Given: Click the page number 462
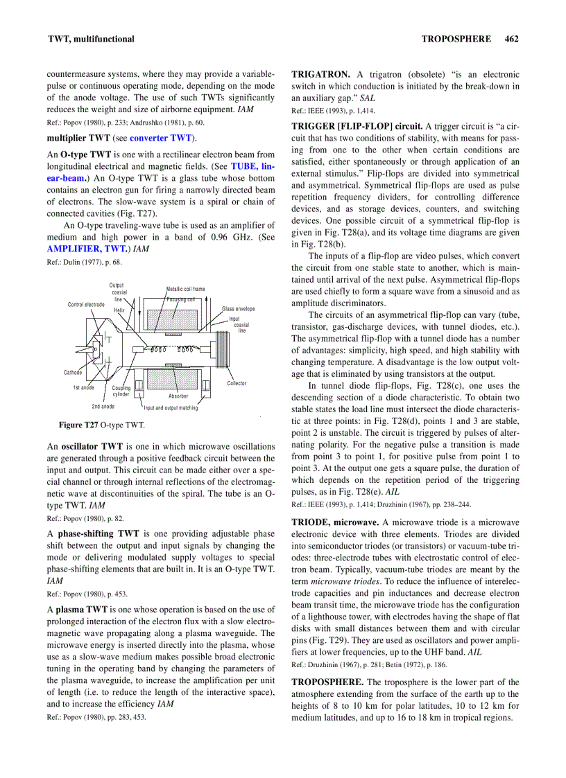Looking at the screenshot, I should (x=512, y=39).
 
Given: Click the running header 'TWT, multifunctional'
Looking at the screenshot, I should (x=90, y=39).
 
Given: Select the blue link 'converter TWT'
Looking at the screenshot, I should (x=161, y=138).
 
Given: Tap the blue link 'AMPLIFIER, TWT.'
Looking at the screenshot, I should (x=87, y=248).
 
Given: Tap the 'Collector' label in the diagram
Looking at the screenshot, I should (x=237, y=383).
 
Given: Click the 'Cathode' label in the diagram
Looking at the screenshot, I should (x=73, y=372).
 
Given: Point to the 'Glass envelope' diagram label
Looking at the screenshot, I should (x=238, y=308).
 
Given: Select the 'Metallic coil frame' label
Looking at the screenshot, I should (x=185, y=289).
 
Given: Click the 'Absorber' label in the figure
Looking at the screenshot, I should (x=178, y=396).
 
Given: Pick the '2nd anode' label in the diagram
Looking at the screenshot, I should (x=103, y=406).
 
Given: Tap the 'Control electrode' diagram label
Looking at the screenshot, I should (x=86, y=304).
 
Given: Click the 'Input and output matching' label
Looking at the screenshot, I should (x=171, y=408).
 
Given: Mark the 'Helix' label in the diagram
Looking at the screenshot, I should (x=119, y=310).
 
